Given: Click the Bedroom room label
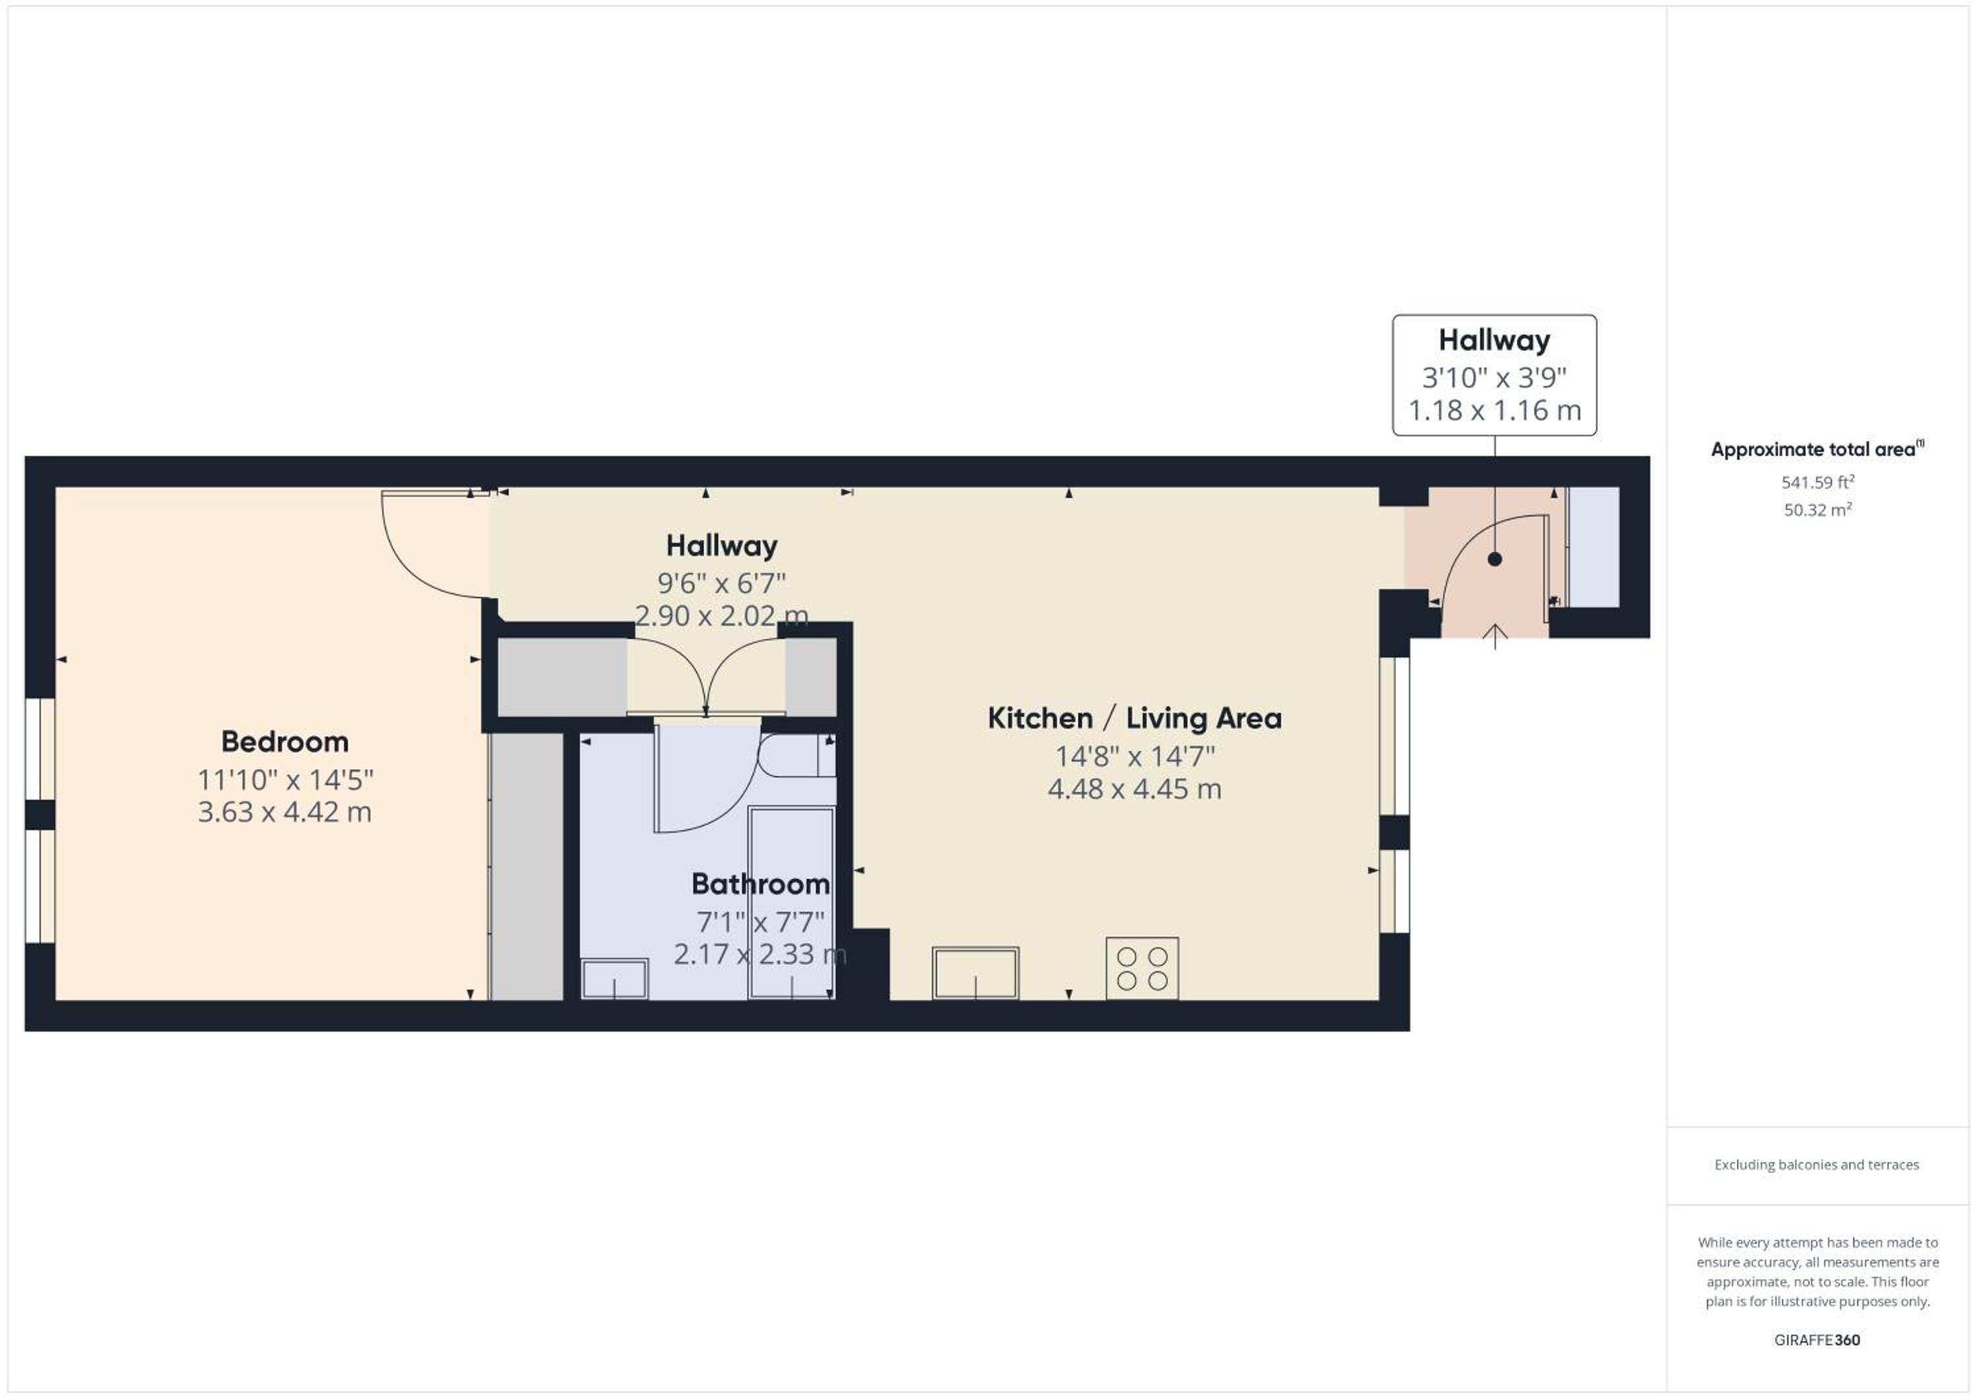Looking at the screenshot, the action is click(x=285, y=741).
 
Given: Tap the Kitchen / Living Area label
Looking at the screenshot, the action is click(x=1134, y=718).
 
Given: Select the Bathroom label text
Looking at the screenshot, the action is click(x=760, y=884).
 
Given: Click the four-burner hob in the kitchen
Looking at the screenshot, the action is click(x=1142, y=968).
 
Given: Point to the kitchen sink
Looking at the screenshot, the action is click(x=975, y=973).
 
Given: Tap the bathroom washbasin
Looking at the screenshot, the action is click(x=615, y=979).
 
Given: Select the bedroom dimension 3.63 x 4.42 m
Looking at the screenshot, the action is click(x=285, y=812).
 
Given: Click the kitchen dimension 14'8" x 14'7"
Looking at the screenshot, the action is click(x=1135, y=757).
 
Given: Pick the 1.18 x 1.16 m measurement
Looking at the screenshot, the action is click(x=1495, y=410).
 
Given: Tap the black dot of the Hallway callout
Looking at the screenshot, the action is click(x=1495, y=559).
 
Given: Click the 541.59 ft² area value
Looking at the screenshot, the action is click(x=1818, y=482).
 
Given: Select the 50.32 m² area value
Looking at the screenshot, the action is click(x=1818, y=510).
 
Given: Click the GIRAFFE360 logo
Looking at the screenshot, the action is click(x=1818, y=1340).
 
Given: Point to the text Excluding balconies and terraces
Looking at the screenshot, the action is click(x=1817, y=1165).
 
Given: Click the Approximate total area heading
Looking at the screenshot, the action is click(x=1817, y=449).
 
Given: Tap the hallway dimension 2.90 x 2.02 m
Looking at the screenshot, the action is click(x=722, y=615).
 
